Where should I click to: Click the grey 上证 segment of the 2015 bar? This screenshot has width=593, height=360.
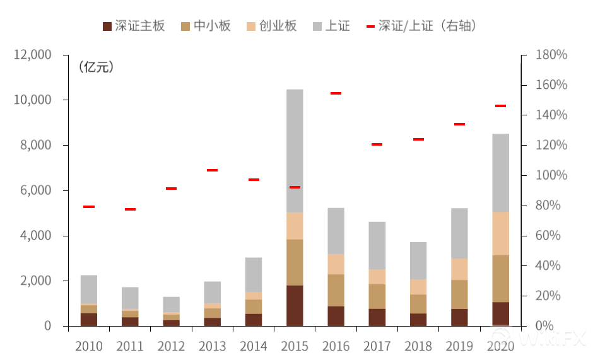(x=295, y=151)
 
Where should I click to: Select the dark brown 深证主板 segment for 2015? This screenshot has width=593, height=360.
(x=295, y=305)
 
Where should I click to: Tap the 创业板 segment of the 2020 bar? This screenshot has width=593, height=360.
(x=500, y=233)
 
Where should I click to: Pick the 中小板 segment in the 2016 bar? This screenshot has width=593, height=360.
(x=336, y=290)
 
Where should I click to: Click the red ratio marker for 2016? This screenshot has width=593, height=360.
(x=336, y=93)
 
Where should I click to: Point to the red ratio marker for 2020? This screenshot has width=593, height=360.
(x=500, y=106)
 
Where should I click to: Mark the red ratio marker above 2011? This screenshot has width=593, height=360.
(x=130, y=209)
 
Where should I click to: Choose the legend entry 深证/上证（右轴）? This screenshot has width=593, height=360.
(x=421, y=26)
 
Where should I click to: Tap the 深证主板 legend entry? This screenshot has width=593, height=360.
(x=134, y=26)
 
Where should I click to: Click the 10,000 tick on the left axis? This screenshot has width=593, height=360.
(x=32, y=100)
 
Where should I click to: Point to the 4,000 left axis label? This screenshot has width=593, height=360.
(x=35, y=236)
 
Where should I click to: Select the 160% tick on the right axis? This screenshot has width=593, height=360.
(x=551, y=85)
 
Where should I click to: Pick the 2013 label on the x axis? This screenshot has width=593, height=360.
(x=213, y=345)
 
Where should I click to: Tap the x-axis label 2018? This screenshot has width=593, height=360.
(x=418, y=345)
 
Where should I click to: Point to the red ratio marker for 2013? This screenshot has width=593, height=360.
(x=213, y=170)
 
